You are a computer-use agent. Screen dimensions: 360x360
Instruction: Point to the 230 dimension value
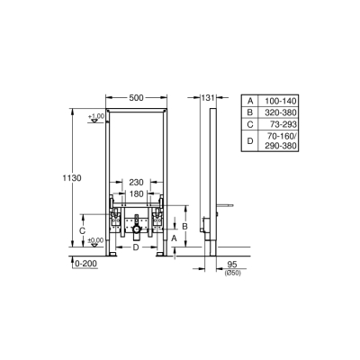135,183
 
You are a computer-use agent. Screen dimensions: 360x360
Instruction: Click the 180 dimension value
135,193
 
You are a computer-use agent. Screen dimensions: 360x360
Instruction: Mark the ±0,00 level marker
95,240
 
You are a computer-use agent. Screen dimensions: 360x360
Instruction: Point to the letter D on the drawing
135,248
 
